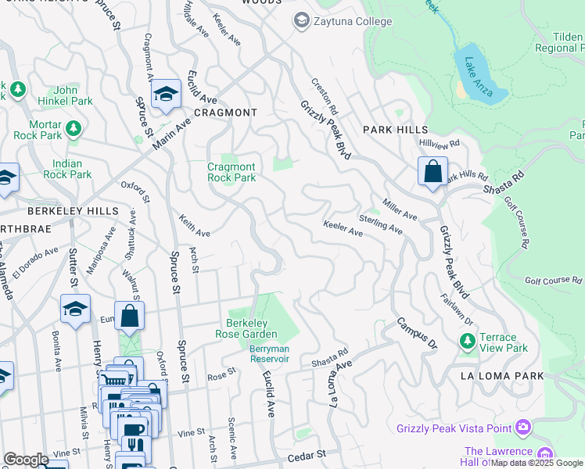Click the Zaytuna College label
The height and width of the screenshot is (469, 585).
point(352,21)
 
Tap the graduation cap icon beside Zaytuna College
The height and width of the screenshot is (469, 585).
point(300,21)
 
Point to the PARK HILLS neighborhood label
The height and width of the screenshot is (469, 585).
point(395,129)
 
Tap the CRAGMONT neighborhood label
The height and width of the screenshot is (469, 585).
point(225,113)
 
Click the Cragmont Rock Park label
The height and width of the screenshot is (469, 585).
point(231,172)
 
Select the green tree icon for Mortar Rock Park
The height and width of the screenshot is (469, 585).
point(73,127)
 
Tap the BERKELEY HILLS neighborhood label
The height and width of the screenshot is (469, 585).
point(73,211)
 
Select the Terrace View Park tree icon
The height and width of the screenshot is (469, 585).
point(467,342)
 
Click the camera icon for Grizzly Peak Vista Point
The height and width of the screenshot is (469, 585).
point(522,428)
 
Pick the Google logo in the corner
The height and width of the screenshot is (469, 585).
point(26,460)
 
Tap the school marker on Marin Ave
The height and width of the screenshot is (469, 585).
point(166,95)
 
